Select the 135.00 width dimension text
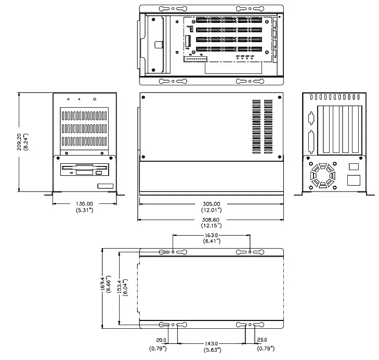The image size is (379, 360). pos(84,204)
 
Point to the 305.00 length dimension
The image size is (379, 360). pos(211,204)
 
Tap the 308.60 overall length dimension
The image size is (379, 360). pos(211,220)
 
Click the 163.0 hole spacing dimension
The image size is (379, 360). pos(211,235)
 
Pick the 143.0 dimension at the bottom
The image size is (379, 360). pos(211,344)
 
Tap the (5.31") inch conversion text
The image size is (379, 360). pos(84,211)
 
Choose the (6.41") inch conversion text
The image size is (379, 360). pos(211,241)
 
